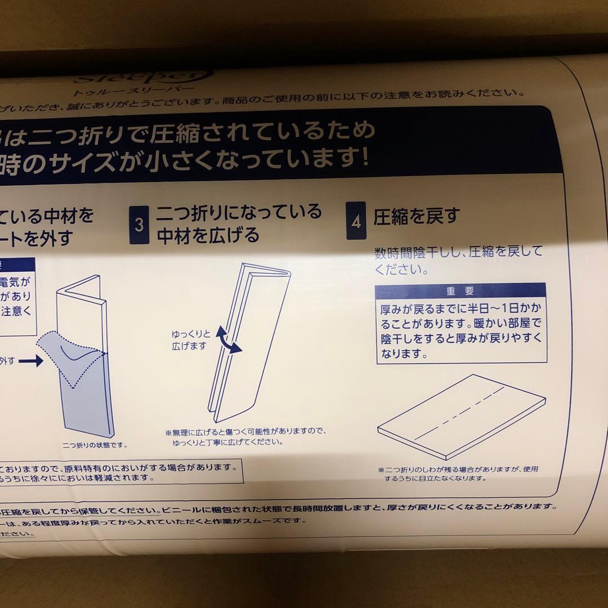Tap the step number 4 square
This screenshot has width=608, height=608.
pyautogui.click(x=356, y=221)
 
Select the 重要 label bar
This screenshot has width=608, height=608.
pyautogui.click(x=461, y=291)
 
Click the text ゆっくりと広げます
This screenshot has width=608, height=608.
pyautogui.click(x=189, y=340)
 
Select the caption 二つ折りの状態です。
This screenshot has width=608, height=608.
pyautogui.click(x=96, y=445)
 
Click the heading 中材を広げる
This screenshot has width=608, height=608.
pyautogui.click(x=208, y=235)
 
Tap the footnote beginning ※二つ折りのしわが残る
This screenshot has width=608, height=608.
pyautogui.click(x=462, y=473)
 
